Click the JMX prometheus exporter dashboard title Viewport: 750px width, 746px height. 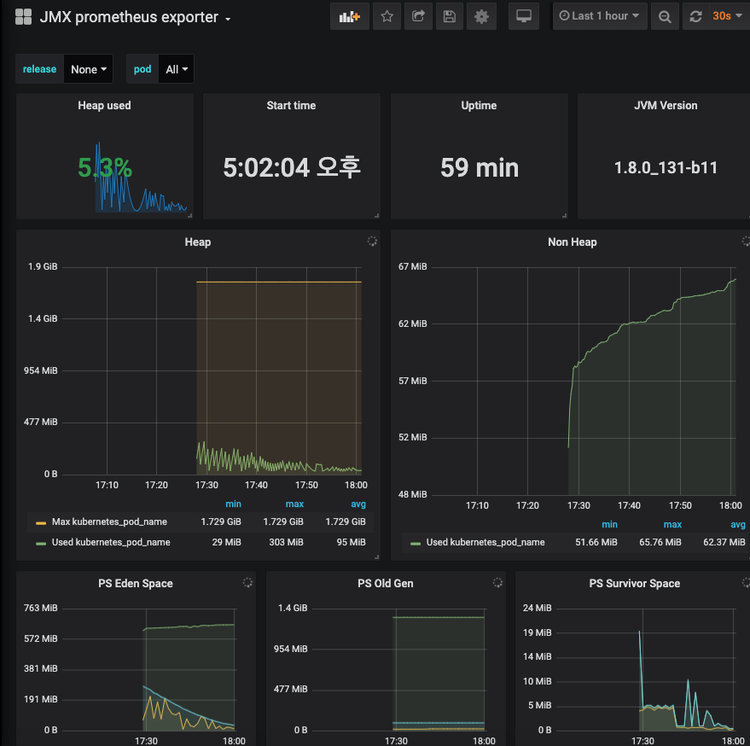coord(128,17)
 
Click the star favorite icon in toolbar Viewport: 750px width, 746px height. coord(387,16)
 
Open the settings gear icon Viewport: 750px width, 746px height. coord(481,16)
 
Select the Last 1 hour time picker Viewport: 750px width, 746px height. coord(600,16)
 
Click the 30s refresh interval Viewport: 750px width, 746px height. coord(722,16)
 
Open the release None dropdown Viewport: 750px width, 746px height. coord(89,69)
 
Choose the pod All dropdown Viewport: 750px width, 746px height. coord(177,69)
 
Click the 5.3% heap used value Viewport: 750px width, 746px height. coord(105,168)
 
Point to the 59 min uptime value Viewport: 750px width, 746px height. coord(479,167)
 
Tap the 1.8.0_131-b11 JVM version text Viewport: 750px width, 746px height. coord(666,167)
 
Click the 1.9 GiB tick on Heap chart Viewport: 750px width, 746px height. coord(43,267)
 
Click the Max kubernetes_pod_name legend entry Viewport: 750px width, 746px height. coord(109,522)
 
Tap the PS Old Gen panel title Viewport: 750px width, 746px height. coord(385,584)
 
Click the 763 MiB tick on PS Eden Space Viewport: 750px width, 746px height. coord(39,609)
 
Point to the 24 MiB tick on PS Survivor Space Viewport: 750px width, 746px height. coord(539,609)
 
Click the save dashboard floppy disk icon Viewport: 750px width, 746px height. coord(450,16)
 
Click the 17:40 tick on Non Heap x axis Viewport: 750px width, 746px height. coord(629,505)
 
